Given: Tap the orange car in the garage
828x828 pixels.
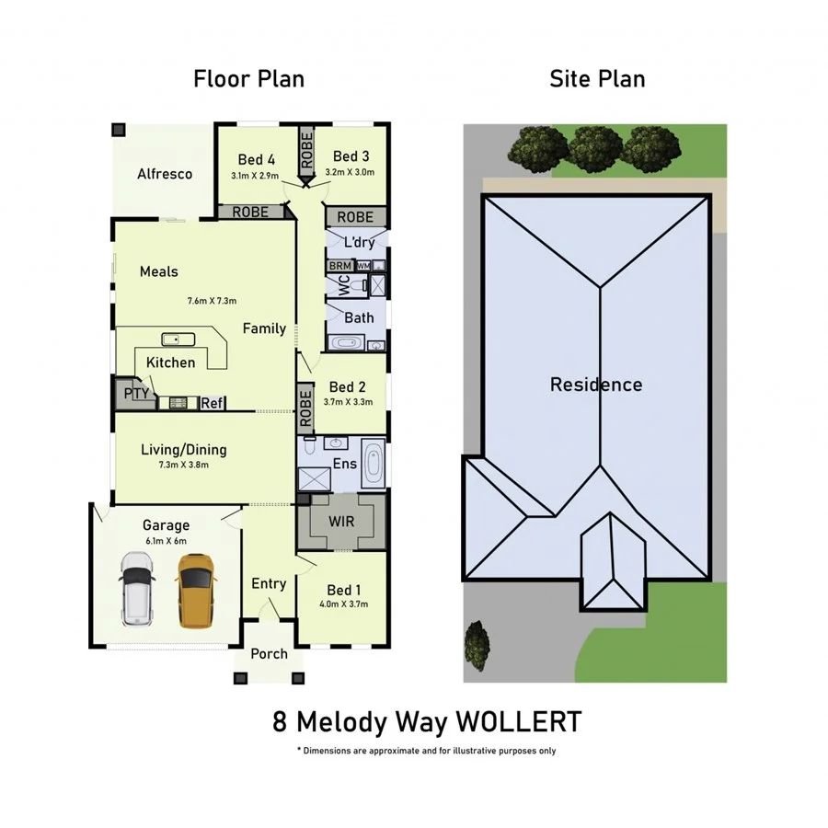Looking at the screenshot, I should [196, 590].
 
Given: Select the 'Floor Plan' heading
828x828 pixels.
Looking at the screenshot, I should [248, 79].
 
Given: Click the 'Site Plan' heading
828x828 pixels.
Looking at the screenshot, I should [597, 79].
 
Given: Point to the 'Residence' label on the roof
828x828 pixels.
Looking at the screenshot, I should [596, 385].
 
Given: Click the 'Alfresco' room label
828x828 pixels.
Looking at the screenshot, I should [165, 174].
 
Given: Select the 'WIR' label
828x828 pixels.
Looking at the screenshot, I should [341, 520].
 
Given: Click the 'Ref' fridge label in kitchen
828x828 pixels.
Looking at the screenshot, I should [212, 403].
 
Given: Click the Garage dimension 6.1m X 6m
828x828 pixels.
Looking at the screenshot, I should [166, 541].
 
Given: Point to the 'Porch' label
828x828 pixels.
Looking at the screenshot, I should [269, 654].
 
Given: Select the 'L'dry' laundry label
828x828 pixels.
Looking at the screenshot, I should [359, 243].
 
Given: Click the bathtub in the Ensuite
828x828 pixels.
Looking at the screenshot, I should [374, 465].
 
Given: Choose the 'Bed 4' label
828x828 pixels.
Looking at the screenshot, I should [256, 159].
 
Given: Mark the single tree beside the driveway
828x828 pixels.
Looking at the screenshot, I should [477, 645].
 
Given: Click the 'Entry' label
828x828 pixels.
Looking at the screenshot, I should [269, 583].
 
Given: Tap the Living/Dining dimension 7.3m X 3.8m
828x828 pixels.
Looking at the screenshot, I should [183, 465].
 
